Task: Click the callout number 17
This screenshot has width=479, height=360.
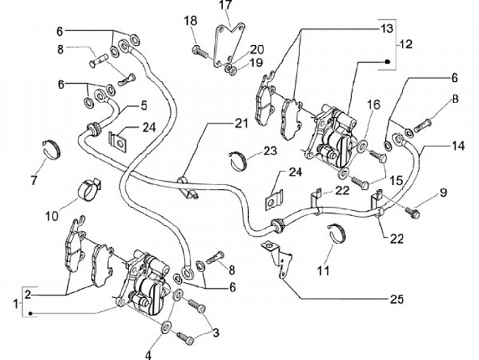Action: pyautogui.click(x=226, y=7)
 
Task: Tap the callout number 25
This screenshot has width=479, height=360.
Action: pyautogui.click(x=397, y=299)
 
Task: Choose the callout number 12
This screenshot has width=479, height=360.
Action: pyautogui.click(x=405, y=45)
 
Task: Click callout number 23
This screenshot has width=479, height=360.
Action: pyautogui.click(x=269, y=151)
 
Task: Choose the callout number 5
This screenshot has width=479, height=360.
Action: pyautogui.click(x=143, y=105)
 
